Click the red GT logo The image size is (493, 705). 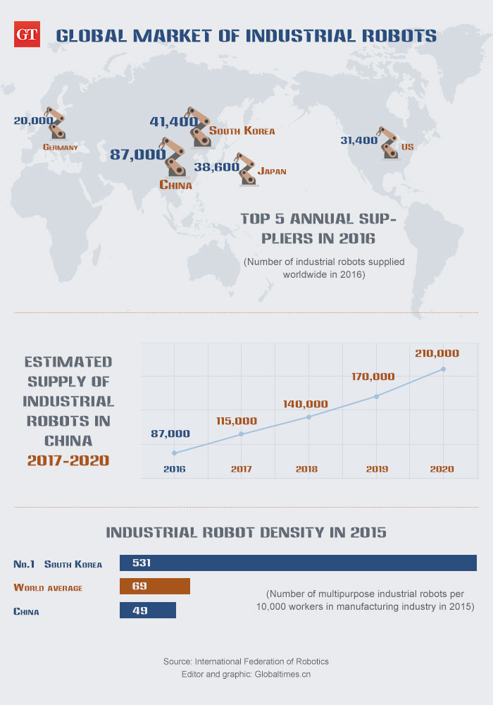[27, 34]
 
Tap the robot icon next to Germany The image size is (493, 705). [54, 123]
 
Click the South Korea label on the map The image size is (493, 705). [242, 131]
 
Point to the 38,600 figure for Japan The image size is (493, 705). [215, 167]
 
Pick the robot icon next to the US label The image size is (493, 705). [388, 144]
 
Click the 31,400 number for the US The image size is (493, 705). [358, 140]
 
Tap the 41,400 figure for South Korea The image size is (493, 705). [173, 122]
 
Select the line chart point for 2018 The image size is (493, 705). [308, 417]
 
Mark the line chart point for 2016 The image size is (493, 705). [174, 453]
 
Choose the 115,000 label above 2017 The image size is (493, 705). [236, 421]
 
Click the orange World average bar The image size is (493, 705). [155, 587]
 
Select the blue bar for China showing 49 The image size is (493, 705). [148, 611]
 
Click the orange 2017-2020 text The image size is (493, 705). [68, 460]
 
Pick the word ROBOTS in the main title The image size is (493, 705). [396, 35]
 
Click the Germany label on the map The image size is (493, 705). [60, 148]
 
